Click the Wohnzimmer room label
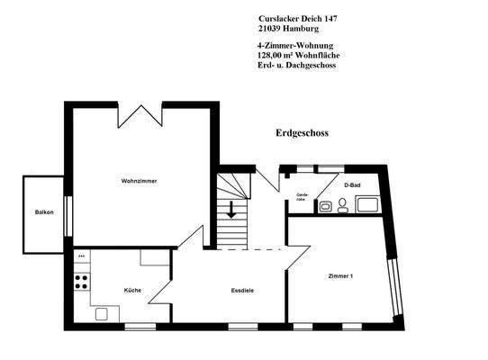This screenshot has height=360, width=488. tap(140, 182)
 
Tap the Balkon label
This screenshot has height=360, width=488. tap(44, 212)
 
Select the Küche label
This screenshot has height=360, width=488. tap(132, 290)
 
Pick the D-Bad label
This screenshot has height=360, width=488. tap(352, 185)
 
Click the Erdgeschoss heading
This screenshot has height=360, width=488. tap(302, 133)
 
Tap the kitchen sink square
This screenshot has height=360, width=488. tap(101, 312)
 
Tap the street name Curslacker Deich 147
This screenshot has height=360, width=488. tap(298, 18)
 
